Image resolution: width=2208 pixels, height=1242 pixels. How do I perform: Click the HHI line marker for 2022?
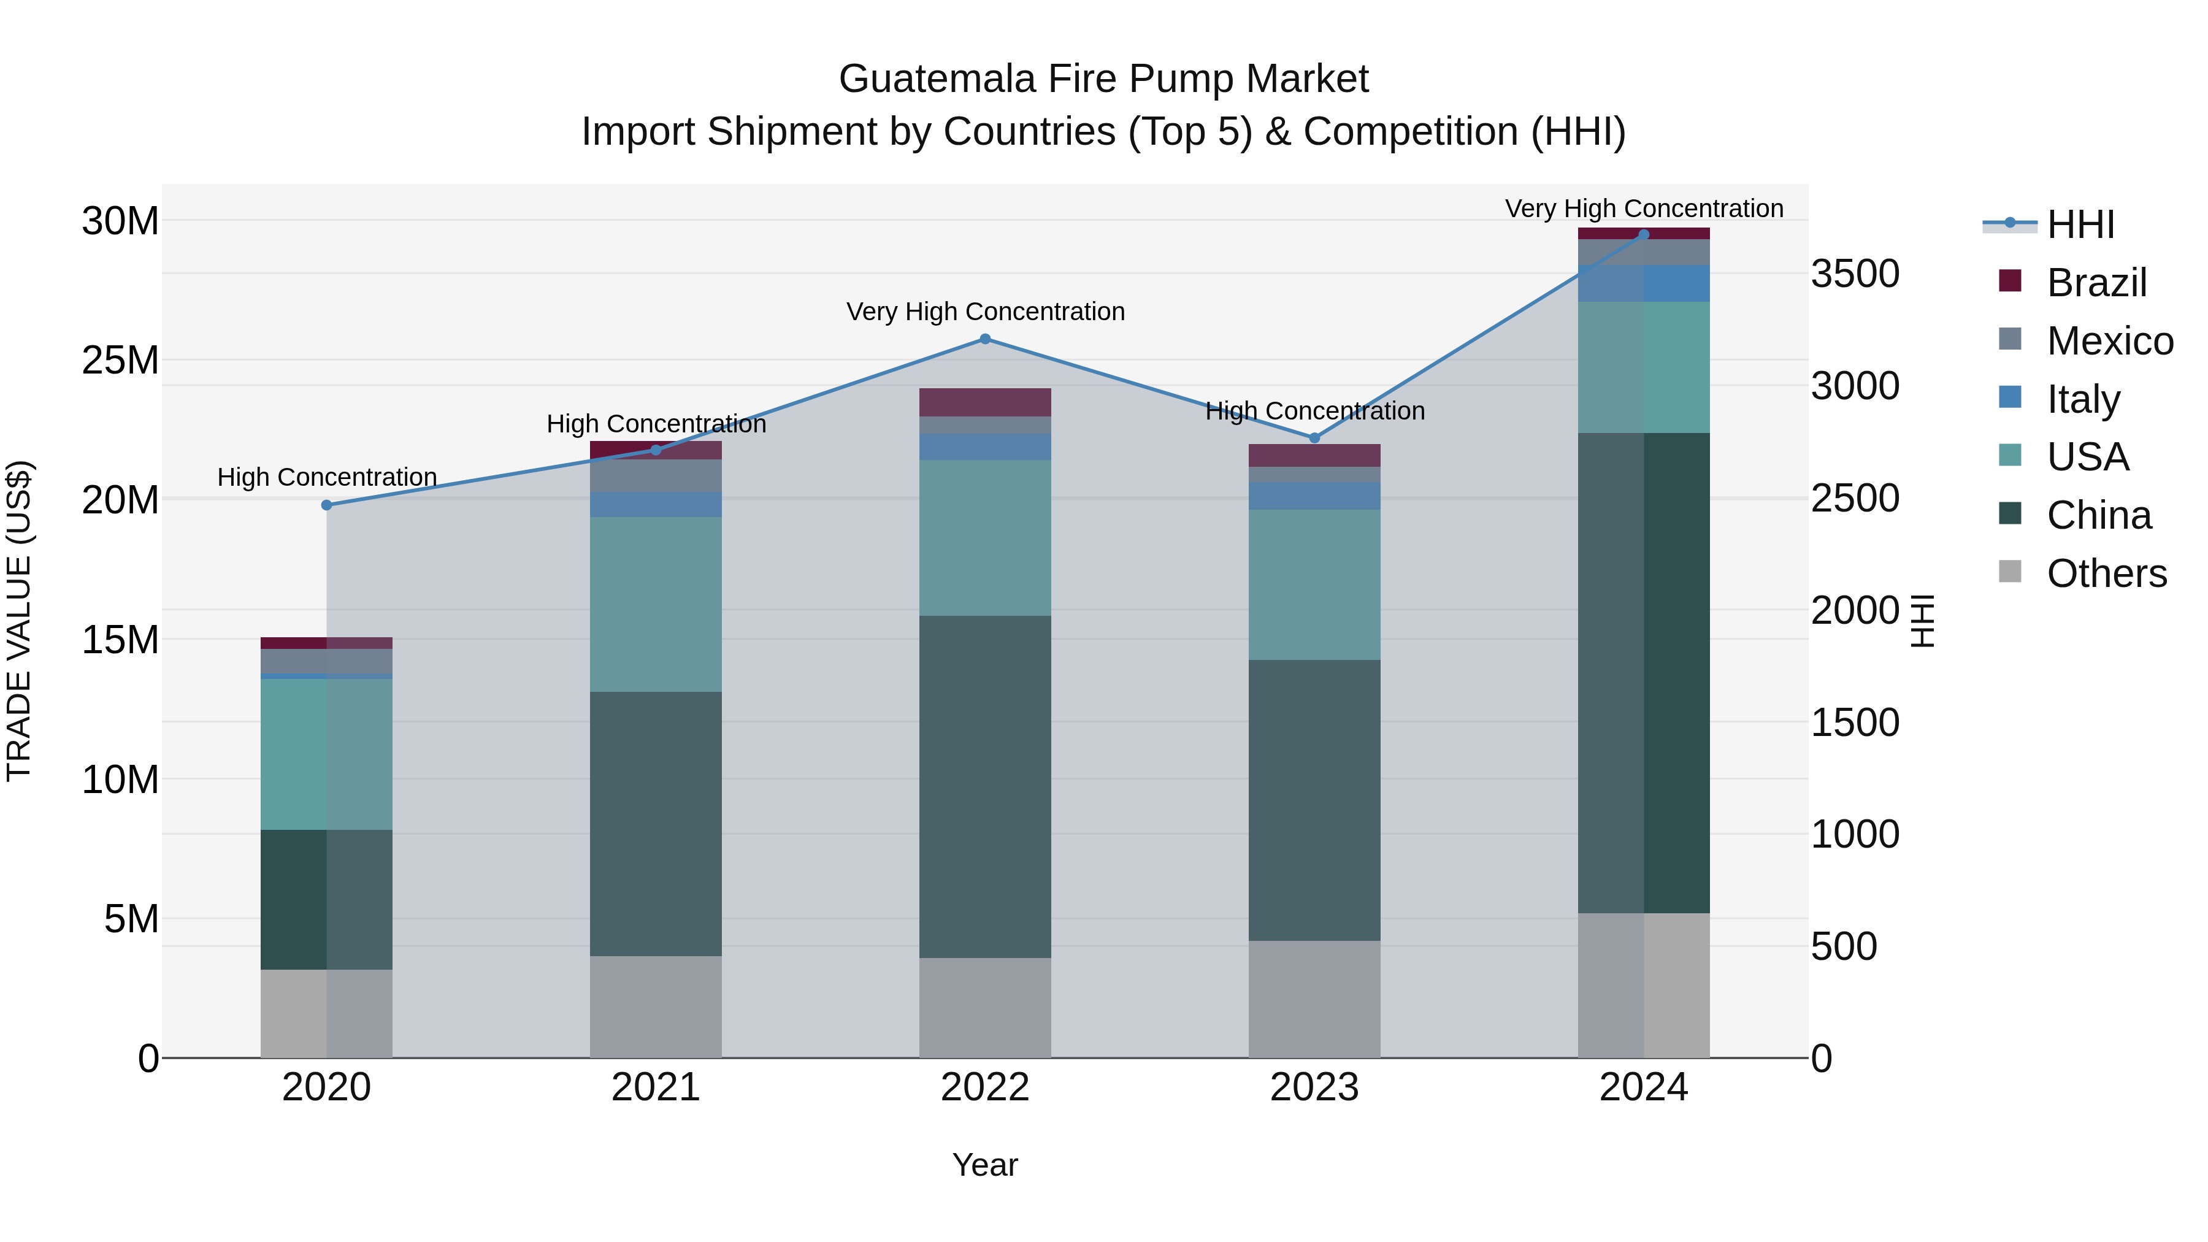click(x=985, y=339)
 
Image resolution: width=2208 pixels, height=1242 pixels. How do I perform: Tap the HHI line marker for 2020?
click(x=326, y=505)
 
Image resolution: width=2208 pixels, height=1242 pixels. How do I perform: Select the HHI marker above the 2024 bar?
click(x=1643, y=235)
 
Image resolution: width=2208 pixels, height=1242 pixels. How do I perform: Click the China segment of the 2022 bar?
click(x=985, y=786)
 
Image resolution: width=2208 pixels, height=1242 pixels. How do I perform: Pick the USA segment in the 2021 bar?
click(x=656, y=604)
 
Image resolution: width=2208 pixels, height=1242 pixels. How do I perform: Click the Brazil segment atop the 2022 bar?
click(x=985, y=402)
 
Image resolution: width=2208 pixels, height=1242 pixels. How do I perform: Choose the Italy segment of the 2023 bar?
click(x=1314, y=496)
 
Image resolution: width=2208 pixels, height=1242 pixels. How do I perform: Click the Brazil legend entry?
click(x=2096, y=283)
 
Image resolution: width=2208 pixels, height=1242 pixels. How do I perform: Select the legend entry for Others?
click(x=2106, y=573)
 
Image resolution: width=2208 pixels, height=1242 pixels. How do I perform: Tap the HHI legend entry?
click(x=2080, y=224)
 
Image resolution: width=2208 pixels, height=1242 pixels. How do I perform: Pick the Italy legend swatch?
click(x=2009, y=397)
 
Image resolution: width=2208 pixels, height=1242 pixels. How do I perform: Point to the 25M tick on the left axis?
click(x=120, y=361)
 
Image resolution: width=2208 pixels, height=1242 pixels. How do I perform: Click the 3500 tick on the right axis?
click(x=1855, y=274)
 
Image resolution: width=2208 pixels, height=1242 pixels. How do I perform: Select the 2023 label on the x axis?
click(x=1314, y=1087)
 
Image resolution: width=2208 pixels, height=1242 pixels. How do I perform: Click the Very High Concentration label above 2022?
click(x=985, y=311)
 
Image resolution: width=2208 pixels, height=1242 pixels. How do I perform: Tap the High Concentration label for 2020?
click(x=326, y=477)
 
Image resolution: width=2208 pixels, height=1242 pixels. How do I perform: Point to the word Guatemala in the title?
click(x=937, y=79)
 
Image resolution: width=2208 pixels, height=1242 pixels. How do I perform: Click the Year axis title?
click(x=985, y=1165)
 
